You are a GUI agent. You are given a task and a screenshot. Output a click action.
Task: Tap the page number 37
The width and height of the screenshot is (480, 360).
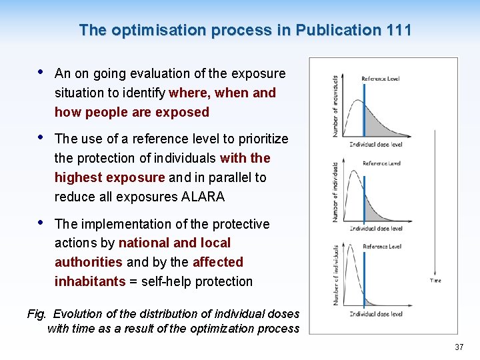click(459, 347)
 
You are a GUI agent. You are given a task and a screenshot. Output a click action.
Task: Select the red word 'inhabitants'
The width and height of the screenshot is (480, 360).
click(90, 281)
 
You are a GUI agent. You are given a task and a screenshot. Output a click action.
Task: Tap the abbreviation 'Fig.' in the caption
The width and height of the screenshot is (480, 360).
click(37, 313)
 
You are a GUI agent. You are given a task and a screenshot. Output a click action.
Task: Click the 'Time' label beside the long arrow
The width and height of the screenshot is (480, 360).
click(435, 281)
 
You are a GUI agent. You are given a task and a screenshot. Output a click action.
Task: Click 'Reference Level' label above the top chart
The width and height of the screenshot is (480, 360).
click(380, 79)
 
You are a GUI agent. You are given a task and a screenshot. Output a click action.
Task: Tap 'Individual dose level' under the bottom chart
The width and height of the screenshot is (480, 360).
click(376, 313)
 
